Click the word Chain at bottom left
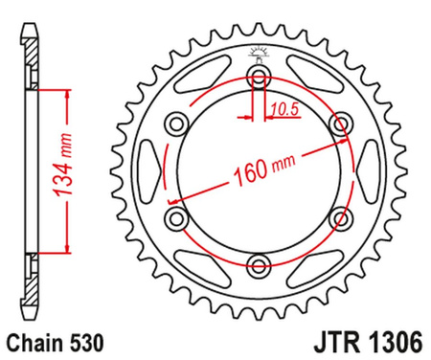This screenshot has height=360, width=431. pos(34,340)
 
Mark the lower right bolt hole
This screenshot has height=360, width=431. pos(339,218)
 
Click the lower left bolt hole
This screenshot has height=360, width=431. pos(174,218)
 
